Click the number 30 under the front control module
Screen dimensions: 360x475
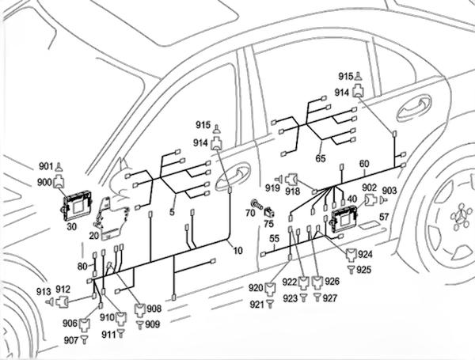(72, 226)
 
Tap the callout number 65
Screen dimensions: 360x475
(321, 158)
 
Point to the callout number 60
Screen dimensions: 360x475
(364, 164)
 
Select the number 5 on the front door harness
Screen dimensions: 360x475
(172, 211)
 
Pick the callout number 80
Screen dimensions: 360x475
(82, 266)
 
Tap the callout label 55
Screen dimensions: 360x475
(275, 238)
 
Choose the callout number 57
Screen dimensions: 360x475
(385, 216)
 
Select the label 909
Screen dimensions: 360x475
(152, 324)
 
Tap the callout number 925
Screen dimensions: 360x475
(364, 271)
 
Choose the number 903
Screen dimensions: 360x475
(389, 191)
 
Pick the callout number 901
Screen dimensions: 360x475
(45, 167)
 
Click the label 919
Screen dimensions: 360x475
(272, 188)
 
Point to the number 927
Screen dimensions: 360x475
(329, 298)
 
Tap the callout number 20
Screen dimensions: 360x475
(94, 235)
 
